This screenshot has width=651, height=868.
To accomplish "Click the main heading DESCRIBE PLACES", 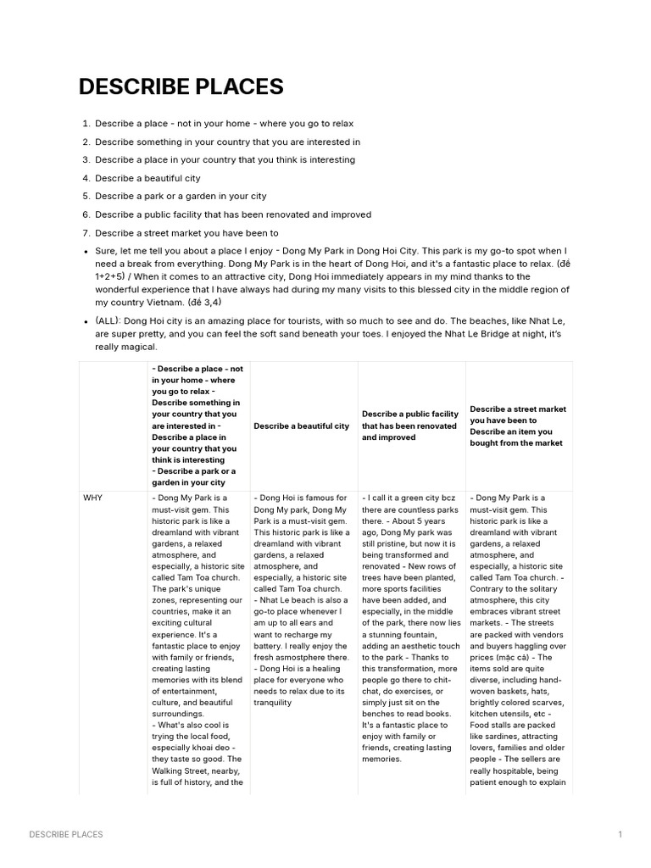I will point(181,86).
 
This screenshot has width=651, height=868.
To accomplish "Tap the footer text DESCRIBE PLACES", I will point(66,834).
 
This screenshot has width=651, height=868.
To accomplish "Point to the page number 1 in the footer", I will point(620,834).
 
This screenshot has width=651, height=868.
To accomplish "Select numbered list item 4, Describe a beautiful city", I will point(147,178).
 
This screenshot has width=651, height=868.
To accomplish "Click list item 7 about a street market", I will point(186,233).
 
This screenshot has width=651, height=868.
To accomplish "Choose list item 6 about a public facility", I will point(233,214).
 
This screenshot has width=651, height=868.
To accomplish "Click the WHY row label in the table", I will point(92,498).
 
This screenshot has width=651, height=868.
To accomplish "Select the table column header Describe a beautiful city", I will point(301,426).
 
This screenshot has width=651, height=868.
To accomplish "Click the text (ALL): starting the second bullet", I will point(107,321).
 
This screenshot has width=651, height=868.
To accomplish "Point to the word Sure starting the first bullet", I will point(105,251).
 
